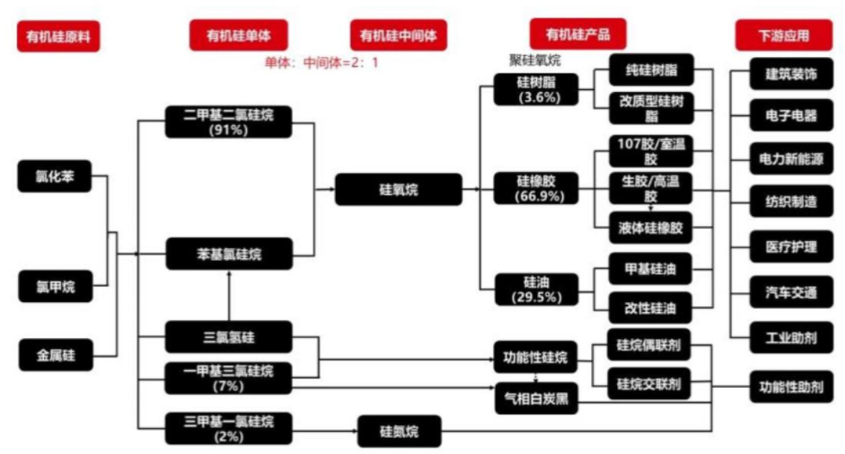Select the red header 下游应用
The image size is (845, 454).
click(783, 35)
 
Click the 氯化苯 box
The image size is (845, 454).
click(55, 176)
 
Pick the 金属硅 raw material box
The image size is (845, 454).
click(55, 355)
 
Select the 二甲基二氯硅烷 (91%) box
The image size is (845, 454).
click(228, 122)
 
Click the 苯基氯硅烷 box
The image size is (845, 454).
click(230, 253)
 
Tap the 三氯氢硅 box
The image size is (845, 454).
click(228, 336)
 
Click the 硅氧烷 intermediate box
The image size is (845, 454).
click(398, 190)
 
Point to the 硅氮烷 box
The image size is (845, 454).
click(399, 431)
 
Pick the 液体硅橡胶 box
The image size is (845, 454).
click(650, 228)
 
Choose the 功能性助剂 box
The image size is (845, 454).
click(791, 386)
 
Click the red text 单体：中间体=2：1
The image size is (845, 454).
click(321, 63)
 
